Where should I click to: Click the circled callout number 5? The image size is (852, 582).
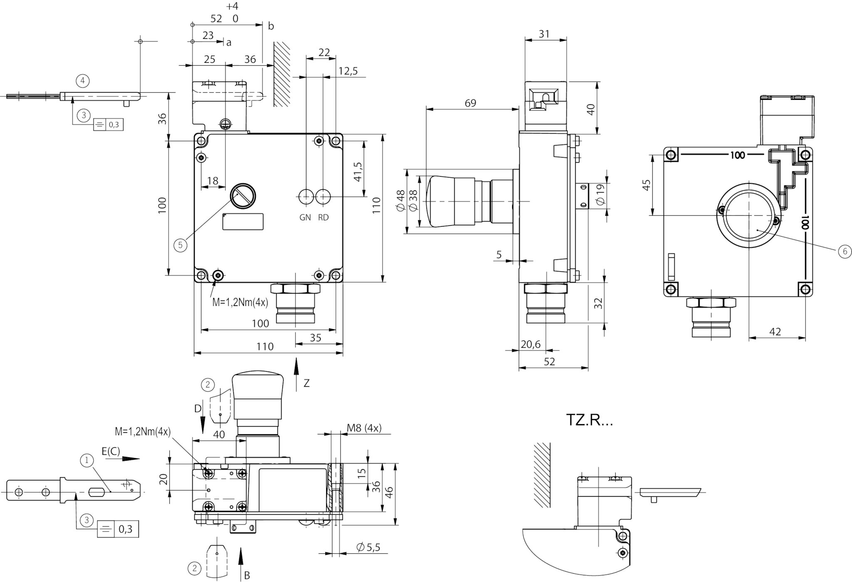coord(180,245)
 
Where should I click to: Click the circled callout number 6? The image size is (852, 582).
coord(845,252)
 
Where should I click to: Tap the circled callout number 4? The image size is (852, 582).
coord(83,81)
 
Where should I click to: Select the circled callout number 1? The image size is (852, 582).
coord(87,460)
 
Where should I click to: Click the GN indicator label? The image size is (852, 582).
coord(305,217)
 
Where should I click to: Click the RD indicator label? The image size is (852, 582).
coord(323,217)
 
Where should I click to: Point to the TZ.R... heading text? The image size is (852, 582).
coord(589,420)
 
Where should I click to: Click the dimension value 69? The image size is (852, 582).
coord(470,103)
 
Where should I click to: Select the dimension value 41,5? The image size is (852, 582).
coord(357,171)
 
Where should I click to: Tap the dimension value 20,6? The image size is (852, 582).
coord(530,344)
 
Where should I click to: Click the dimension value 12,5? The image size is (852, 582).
coord(348,71)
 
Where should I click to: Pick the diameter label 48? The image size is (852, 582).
coord(400,201)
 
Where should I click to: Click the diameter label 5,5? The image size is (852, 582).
coord(368,547)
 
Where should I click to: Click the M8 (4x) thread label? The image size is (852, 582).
coord(364,428)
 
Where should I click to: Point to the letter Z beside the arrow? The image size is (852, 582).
coord(307,383)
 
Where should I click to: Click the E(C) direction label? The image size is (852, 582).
coord(111,451)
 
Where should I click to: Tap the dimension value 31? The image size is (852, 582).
coord(544,34)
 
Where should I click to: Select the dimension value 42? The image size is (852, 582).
coord(775,332)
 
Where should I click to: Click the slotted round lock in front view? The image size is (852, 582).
coord(243,196)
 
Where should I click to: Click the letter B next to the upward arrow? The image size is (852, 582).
coord(247,575)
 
